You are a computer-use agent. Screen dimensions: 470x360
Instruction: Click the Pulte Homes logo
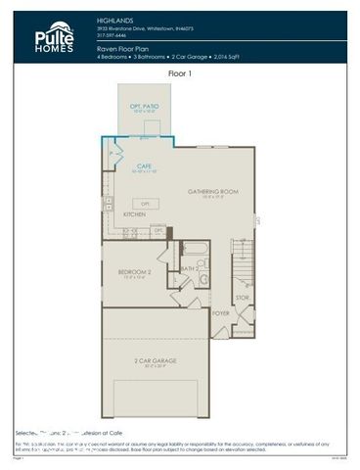(x=54, y=37)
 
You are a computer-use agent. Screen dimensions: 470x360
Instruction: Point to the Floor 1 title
(x=180, y=73)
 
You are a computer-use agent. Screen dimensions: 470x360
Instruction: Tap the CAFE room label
(x=143, y=165)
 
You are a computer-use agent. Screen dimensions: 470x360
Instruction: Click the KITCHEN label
(x=135, y=212)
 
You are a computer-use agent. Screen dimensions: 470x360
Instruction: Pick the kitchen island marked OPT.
(x=144, y=203)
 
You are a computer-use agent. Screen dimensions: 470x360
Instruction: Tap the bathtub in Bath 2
(x=194, y=249)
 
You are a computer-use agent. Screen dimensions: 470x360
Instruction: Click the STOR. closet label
(x=242, y=296)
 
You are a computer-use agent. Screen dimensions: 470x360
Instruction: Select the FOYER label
(x=221, y=313)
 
